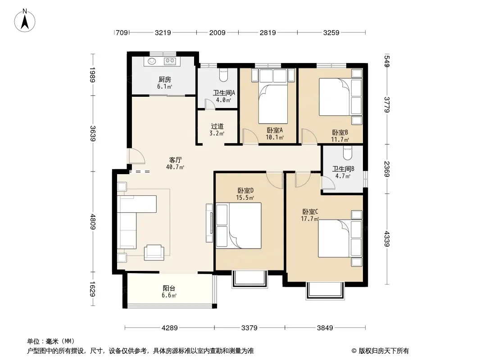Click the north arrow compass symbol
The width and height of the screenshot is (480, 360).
(x=25, y=21)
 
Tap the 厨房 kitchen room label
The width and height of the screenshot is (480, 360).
(x=165, y=80)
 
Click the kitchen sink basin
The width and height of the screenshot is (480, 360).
(x=152, y=61)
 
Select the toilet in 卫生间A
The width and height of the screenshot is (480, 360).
(x=224, y=75)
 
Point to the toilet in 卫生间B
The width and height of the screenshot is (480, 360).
(x=347, y=153)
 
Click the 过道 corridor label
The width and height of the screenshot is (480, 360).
(x=217, y=126)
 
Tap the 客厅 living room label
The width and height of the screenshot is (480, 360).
(x=176, y=160)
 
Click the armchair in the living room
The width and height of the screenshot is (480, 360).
(x=154, y=252)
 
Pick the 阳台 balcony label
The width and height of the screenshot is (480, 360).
(x=169, y=288)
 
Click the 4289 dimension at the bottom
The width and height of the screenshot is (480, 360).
(x=170, y=328)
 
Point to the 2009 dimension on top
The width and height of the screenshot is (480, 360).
(x=217, y=32)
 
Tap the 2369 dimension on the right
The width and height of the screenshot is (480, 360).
(x=387, y=169)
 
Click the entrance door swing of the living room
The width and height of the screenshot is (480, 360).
(x=136, y=156)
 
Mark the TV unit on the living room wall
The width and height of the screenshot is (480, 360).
(x=210, y=223)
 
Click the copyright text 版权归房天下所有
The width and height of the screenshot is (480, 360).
(x=383, y=351)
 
